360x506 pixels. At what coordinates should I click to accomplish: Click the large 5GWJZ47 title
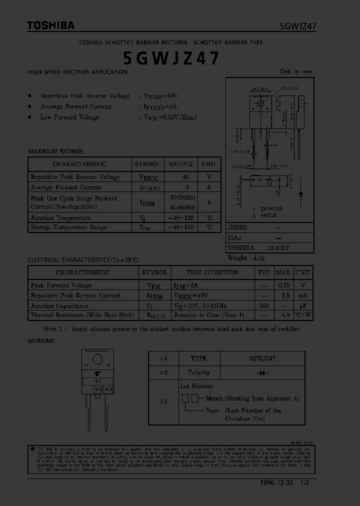click(x=170, y=58)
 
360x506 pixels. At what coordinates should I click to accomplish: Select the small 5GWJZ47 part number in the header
click(x=297, y=26)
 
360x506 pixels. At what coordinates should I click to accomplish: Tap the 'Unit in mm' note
click(x=295, y=71)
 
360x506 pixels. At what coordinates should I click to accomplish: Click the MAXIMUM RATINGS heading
click(x=55, y=151)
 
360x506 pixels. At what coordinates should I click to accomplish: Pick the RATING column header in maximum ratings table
click(x=180, y=164)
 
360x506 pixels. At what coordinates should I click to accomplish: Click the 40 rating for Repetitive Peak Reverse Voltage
click(x=186, y=177)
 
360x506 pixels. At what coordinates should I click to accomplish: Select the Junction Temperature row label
click(x=60, y=218)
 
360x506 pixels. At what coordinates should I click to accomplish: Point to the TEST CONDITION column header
click(x=212, y=272)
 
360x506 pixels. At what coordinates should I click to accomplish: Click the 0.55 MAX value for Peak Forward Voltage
click(x=283, y=285)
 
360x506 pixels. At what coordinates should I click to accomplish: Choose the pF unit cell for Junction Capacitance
click(x=303, y=305)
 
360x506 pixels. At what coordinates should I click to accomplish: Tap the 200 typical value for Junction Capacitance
click(x=264, y=305)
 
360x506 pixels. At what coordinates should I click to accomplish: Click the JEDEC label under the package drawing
click(x=237, y=227)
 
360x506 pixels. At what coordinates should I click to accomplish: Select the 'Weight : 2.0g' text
click(x=246, y=258)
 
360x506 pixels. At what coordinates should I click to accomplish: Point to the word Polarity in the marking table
click(x=199, y=372)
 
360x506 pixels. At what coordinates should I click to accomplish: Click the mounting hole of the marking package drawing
click(x=97, y=359)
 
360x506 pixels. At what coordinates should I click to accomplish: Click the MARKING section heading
click(x=41, y=340)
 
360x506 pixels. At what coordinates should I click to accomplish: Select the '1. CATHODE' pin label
click(x=267, y=208)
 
